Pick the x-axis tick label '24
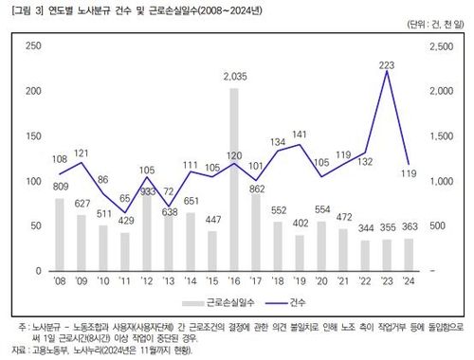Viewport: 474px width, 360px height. [x=409, y=280]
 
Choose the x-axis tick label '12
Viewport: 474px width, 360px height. [x=147, y=280]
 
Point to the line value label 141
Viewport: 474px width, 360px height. [x=301, y=134]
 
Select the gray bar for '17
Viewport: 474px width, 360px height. [x=256, y=232]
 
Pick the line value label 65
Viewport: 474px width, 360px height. [x=125, y=199]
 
